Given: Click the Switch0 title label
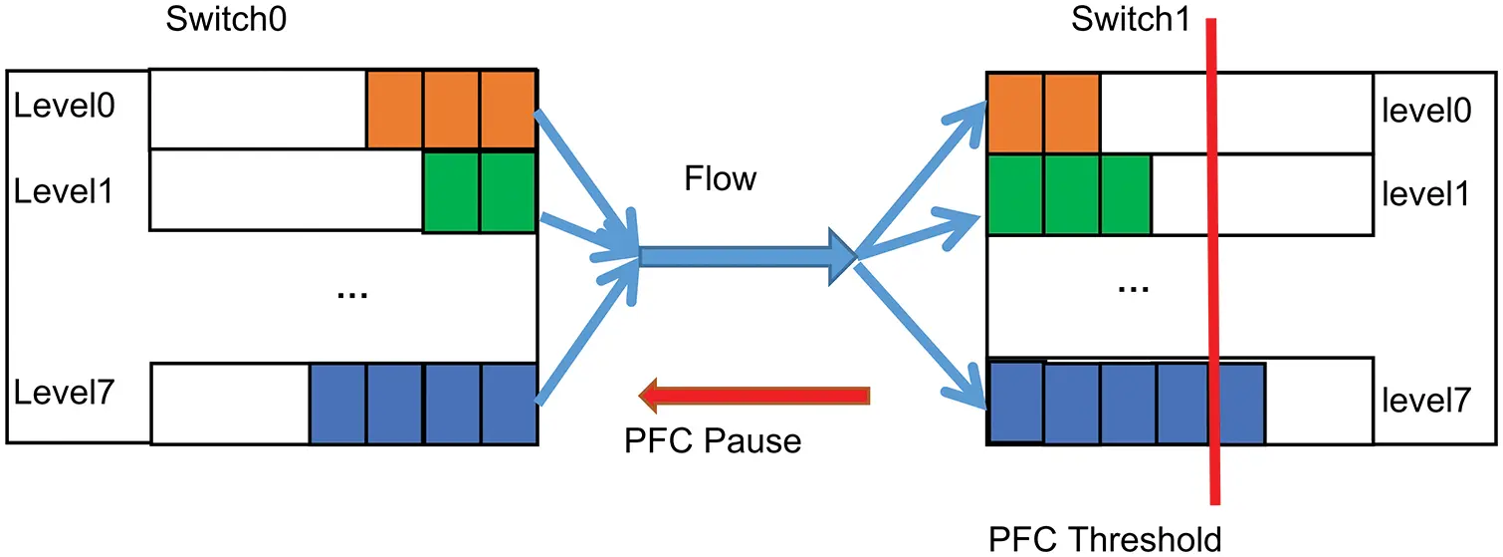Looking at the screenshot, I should click(x=228, y=21).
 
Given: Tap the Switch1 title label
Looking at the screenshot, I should click(x=1130, y=21).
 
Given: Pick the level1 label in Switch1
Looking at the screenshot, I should click(x=1426, y=194).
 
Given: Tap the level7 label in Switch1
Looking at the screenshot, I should click(x=1426, y=401).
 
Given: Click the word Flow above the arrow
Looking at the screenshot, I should click(x=720, y=179).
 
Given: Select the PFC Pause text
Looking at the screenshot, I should click(x=713, y=439).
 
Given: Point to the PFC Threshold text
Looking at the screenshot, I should click(x=1105, y=539).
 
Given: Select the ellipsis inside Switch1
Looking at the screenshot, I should click(x=1133, y=288).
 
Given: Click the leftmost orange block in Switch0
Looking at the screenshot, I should click(x=395, y=109).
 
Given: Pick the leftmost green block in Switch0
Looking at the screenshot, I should click(x=452, y=191).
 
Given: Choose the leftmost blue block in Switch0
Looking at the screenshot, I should click(x=338, y=404).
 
